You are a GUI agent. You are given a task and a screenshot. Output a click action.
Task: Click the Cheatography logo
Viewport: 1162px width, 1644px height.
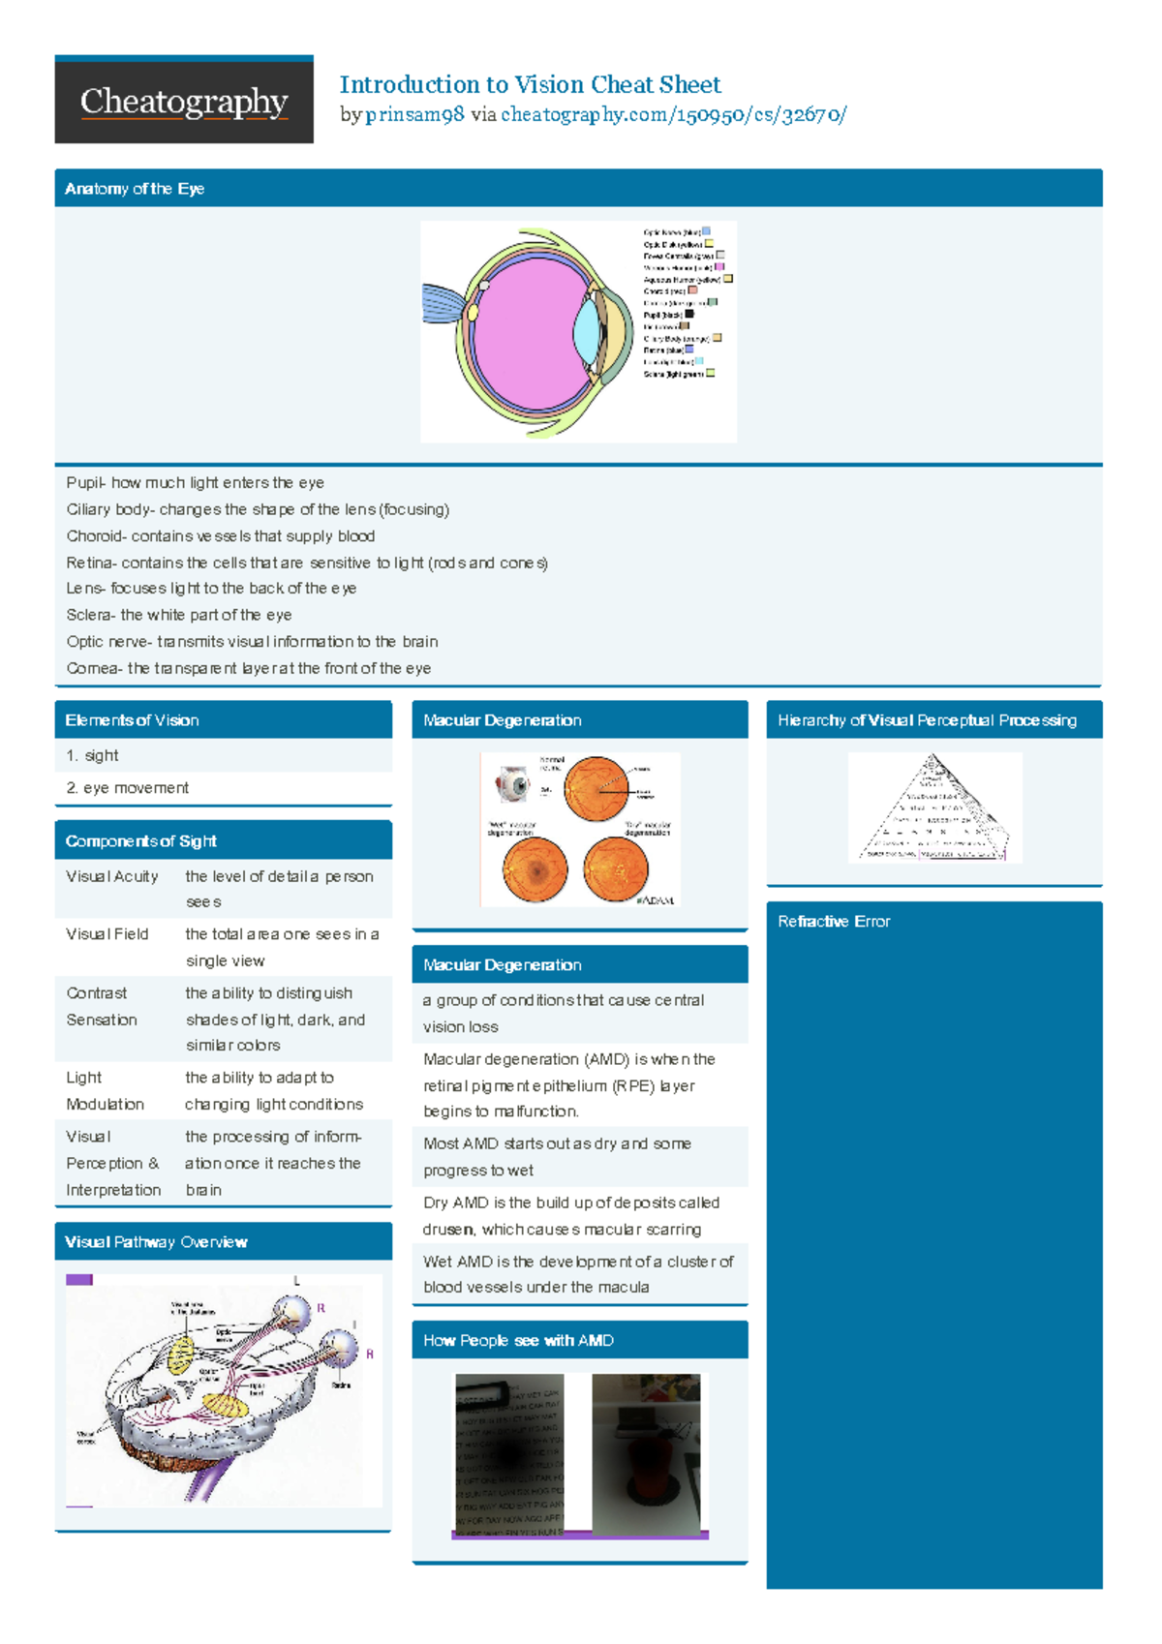pyautogui.click(x=184, y=101)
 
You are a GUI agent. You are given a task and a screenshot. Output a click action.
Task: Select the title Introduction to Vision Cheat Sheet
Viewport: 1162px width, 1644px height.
pyautogui.click(x=530, y=85)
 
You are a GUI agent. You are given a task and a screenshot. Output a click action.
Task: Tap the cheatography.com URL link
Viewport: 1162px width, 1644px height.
pyautogui.click(x=673, y=115)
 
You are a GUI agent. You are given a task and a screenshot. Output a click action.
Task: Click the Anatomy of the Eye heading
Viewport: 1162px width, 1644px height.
pyautogui.click(x=135, y=189)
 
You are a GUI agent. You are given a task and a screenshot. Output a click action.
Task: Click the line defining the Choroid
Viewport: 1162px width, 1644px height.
pyautogui.click(x=221, y=536)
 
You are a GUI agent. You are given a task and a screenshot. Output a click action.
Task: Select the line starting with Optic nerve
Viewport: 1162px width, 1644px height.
pyautogui.click(x=252, y=642)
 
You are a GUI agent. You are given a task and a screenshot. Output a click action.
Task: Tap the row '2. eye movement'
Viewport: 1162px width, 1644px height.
pyautogui.click(x=127, y=788)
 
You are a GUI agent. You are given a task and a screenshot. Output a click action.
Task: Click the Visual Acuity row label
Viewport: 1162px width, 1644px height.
pyautogui.click(x=111, y=877)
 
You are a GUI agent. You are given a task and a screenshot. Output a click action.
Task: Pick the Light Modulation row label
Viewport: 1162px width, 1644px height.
pyautogui.click(x=105, y=1091)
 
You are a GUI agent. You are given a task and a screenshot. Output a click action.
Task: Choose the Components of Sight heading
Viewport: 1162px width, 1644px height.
pyautogui.click(x=141, y=841)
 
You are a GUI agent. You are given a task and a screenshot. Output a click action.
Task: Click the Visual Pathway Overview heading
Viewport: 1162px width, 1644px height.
pyautogui.click(x=156, y=1242)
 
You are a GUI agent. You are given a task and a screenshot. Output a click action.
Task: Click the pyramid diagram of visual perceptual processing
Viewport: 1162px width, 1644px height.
pyautogui.click(x=934, y=808)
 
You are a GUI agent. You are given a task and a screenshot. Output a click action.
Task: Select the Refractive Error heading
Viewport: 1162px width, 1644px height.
pyautogui.click(x=834, y=922)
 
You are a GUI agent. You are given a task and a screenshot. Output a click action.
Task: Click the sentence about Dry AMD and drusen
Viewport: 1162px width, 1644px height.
pyautogui.click(x=571, y=1216)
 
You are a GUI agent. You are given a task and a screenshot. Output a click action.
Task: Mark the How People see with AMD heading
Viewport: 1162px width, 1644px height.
pyautogui.click(x=518, y=1341)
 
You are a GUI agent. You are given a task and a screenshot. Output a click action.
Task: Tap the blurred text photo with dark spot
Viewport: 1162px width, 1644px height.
pyautogui.click(x=509, y=1455)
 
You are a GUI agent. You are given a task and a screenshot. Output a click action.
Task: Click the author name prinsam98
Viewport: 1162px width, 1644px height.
pyautogui.click(x=414, y=115)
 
